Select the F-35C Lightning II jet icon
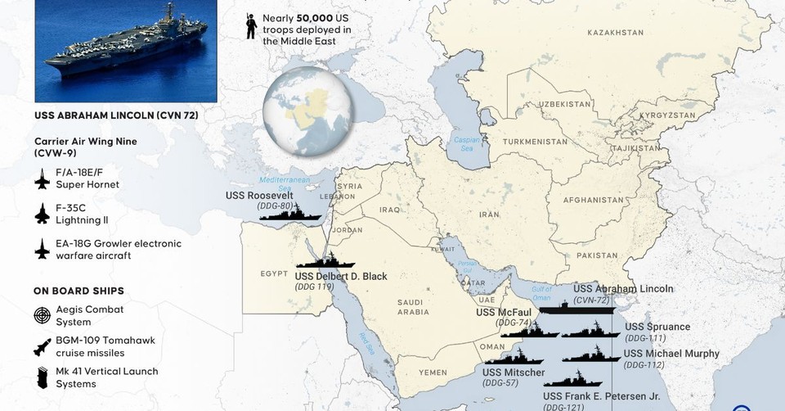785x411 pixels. tap(43, 214)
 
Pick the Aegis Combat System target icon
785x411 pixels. tap(43, 314)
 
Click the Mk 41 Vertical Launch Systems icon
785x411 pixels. tap(43, 377)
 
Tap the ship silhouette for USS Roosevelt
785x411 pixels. tap(290, 215)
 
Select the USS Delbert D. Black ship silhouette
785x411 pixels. tap(325, 263)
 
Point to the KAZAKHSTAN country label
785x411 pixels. tap(615, 32)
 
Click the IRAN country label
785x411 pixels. tap(489, 214)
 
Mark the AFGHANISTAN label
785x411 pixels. tap(593, 200)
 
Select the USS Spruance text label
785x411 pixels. tap(657, 327)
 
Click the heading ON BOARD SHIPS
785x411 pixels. tap(78, 290)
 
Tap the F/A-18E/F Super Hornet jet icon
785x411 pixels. tap(43, 178)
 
